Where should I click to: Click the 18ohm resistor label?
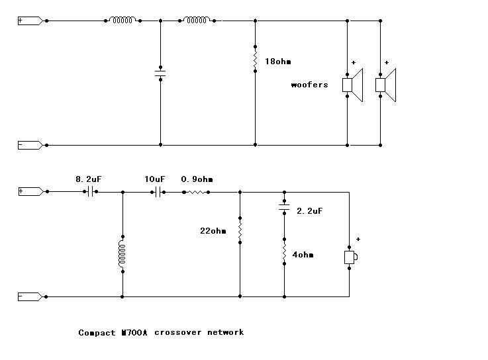point(277,62)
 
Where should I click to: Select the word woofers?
point(309,85)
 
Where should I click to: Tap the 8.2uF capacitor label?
point(87,179)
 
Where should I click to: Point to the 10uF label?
point(155,179)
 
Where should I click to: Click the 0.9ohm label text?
point(197,179)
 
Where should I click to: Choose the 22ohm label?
point(213,231)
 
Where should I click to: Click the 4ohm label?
point(301,255)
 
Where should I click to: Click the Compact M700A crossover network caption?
point(161,332)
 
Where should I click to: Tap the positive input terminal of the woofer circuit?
point(30,21)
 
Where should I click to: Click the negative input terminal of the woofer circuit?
point(30,145)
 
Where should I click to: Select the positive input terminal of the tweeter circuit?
point(30,191)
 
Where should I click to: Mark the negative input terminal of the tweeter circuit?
point(30,297)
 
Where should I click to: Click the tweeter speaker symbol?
point(350,257)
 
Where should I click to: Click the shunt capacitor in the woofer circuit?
point(160,73)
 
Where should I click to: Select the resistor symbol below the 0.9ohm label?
point(197,192)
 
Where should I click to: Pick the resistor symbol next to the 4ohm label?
point(284,254)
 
